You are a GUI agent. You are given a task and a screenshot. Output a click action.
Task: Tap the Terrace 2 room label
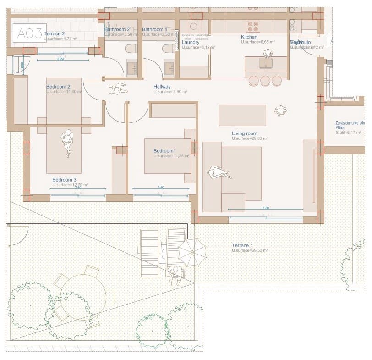pos(54,33)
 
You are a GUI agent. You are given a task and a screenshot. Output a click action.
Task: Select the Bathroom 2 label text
pos(117,29)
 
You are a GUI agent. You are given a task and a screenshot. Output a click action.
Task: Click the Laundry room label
pos(190,42)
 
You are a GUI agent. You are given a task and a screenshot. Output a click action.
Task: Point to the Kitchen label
pos(249,37)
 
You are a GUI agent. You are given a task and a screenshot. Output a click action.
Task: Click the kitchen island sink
pos(266,63)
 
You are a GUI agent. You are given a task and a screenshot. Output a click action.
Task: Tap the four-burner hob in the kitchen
pos(253,26)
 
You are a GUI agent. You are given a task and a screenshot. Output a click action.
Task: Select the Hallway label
pos(162,87)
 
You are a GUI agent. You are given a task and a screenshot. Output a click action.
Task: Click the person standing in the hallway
pos(118,89)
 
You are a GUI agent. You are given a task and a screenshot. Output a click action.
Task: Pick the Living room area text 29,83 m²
pos(250,138)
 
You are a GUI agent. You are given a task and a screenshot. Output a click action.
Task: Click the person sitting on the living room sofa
pos(219,173)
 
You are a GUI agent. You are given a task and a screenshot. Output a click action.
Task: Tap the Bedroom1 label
pos(164,151)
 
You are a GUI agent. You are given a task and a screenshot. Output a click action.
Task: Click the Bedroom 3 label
pos(64,180)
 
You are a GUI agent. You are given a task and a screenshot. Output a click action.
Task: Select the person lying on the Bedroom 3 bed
pos(67,143)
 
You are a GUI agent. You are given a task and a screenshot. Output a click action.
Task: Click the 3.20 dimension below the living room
pos(266,208)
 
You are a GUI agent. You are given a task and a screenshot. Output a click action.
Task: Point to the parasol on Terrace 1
pos(192,251)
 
